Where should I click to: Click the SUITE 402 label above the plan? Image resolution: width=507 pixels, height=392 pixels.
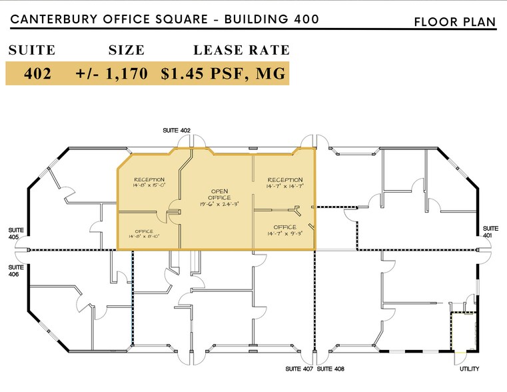pyautogui.click(x=177, y=130)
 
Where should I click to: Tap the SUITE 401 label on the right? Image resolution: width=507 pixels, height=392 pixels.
pyautogui.click(x=490, y=231)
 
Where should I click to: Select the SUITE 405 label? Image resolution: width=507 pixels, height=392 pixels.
pyautogui.click(x=17, y=233)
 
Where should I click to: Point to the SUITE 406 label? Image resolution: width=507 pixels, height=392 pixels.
pyautogui.click(x=17, y=270)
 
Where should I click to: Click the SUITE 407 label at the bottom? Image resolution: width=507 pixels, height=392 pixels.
pyautogui.click(x=299, y=369)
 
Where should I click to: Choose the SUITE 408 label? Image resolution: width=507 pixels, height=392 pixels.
pyautogui.click(x=330, y=369)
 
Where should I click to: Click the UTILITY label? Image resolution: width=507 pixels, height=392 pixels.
pyautogui.click(x=470, y=369)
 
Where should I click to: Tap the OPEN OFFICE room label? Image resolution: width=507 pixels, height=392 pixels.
pyautogui.click(x=219, y=193)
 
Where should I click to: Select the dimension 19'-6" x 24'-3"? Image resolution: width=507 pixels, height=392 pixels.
pyautogui.click(x=219, y=205)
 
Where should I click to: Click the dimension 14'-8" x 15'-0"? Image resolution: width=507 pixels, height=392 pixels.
pyautogui.click(x=149, y=187)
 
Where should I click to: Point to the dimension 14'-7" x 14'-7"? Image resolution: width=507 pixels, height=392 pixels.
pyautogui.click(x=284, y=187)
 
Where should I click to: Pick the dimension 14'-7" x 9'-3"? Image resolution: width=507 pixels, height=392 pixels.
pyautogui.click(x=284, y=234)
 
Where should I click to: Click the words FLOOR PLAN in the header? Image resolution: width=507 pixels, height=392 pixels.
pyautogui.click(x=455, y=22)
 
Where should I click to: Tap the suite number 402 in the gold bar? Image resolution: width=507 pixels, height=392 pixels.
pyautogui.click(x=38, y=75)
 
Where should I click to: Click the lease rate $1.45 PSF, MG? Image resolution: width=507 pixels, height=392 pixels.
pyautogui.click(x=223, y=75)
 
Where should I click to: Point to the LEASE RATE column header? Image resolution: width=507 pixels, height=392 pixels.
pyautogui.click(x=241, y=50)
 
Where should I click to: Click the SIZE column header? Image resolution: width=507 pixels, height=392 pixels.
pyautogui.click(x=126, y=50)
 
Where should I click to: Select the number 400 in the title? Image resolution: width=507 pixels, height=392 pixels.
pyautogui.click(x=301, y=19)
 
